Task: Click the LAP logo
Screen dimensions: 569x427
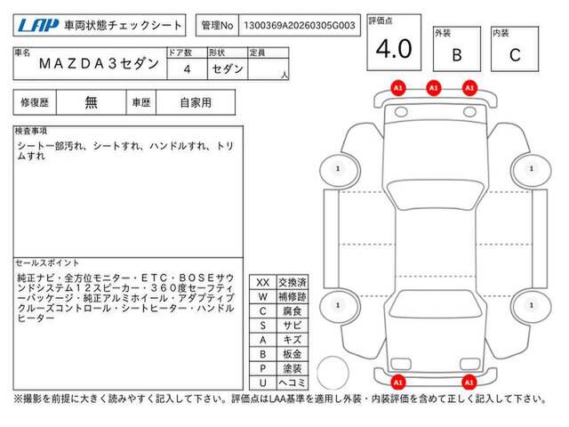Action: (x=38, y=25)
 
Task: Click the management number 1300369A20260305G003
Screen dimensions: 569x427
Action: (x=300, y=26)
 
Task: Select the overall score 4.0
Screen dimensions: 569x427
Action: (x=394, y=49)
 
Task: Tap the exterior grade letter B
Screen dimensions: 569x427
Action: (x=457, y=55)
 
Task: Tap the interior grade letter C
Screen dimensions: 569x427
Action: (x=515, y=55)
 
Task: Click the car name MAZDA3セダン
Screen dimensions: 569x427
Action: (x=99, y=63)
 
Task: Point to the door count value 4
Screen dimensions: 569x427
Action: (x=187, y=69)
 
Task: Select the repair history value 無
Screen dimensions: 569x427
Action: (x=91, y=102)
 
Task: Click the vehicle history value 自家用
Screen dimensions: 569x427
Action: (x=196, y=103)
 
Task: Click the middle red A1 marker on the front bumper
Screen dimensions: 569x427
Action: (x=434, y=88)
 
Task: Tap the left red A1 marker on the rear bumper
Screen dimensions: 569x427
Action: (x=398, y=383)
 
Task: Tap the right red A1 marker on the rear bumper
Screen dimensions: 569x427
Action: (x=469, y=383)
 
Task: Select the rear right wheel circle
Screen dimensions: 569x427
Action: (x=531, y=306)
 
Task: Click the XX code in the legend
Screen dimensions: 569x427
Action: (x=263, y=283)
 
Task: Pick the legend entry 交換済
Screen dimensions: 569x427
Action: (x=293, y=283)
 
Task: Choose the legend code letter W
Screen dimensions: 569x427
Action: (x=263, y=297)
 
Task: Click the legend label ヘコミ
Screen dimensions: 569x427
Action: (x=293, y=383)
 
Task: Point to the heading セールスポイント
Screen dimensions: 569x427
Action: (x=47, y=263)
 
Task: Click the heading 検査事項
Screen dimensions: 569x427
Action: (x=31, y=131)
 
